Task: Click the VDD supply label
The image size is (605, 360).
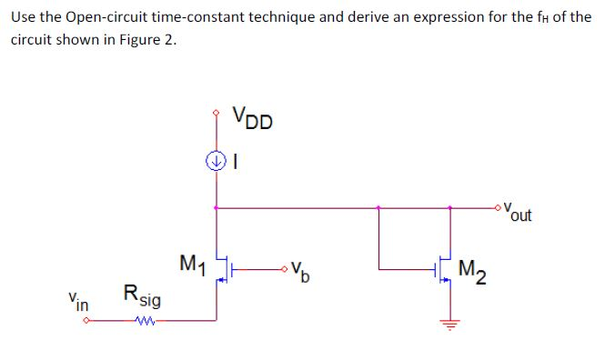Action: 251,119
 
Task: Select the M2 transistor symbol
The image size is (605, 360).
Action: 441,269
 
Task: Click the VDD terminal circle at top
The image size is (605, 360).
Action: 216,114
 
